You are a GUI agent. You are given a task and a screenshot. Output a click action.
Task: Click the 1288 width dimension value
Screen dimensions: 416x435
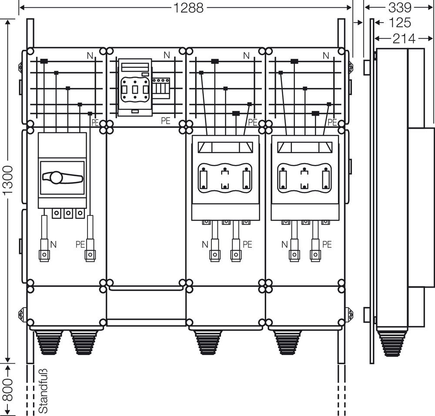188,7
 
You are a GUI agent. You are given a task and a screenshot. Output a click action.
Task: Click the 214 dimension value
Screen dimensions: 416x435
403,39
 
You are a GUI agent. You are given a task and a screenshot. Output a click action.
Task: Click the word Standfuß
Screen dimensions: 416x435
43,391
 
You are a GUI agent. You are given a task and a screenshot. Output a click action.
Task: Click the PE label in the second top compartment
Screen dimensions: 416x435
165,121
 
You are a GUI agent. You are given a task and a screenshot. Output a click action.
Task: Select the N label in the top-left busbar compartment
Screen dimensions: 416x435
90,55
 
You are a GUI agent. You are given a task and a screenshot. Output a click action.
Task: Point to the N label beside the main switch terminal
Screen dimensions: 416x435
54,245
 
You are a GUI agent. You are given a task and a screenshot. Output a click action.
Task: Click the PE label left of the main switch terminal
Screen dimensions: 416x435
80,245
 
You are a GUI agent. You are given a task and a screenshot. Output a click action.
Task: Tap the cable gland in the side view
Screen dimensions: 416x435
392,343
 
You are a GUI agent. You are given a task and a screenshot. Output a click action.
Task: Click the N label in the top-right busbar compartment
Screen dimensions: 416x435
326,55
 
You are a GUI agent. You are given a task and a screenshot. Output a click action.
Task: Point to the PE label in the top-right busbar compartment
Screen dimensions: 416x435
333,122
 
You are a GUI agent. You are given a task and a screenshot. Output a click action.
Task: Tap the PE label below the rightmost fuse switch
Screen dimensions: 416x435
327,245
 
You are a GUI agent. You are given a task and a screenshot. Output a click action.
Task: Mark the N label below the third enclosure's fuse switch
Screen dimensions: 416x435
205,245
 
